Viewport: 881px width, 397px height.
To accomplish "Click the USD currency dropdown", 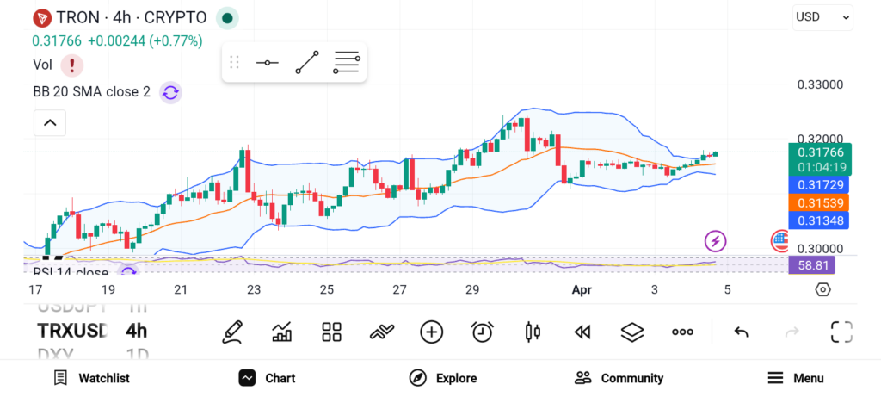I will coord(822,16).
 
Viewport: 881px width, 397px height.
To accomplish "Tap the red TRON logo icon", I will coord(41,17).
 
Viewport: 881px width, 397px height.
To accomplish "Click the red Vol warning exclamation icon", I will coord(71,65).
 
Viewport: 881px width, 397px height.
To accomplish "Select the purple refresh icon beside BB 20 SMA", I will coord(170,92).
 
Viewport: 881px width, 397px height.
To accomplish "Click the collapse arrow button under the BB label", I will coord(50,123).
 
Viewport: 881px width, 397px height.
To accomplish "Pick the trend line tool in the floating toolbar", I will coord(307,63).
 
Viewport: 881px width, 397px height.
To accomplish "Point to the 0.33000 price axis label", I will coord(820,84).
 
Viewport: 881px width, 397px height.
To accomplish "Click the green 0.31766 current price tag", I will coord(819,152).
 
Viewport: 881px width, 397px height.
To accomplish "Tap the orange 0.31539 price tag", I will coord(819,202).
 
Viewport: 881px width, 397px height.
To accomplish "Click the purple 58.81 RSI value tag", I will coord(810,265).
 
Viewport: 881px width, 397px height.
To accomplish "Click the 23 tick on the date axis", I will coord(254,290).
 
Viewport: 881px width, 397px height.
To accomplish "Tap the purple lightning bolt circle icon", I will coord(715,240).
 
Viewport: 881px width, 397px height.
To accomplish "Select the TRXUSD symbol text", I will coord(72,331).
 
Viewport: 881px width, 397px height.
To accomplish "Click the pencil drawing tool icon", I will coord(231,332).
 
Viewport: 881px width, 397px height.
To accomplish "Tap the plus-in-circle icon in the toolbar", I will coord(431,332).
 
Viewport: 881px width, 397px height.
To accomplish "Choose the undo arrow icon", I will coord(741,332).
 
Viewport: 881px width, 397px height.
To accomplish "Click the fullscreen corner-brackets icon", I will coord(841,332).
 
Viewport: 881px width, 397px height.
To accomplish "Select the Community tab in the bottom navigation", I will coord(619,378).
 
